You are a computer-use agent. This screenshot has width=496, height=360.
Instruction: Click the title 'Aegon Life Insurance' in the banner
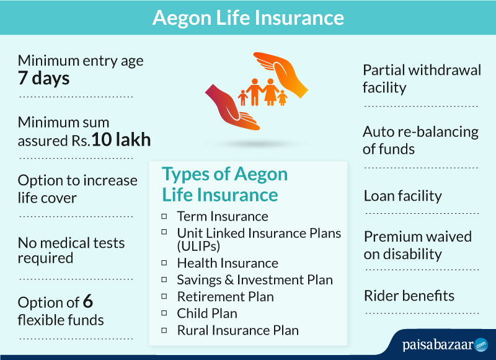pyautogui.click(x=248, y=18)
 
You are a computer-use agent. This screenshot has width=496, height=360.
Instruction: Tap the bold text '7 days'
pyautogui.click(x=43, y=77)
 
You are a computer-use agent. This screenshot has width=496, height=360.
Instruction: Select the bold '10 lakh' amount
pyautogui.click(x=121, y=139)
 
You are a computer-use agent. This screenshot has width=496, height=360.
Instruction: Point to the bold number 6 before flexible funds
pyautogui.click(x=88, y=301)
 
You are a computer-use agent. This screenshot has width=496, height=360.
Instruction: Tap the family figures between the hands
pyautogui.click(x=262, y=92)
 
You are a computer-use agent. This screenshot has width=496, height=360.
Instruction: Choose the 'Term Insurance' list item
pyautogui.click(x=223, y=216)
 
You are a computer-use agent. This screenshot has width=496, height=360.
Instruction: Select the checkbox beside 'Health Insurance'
pyautogui.click(x=164, y=263)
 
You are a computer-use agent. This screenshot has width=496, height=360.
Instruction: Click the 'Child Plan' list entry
pyautogui.click(x=207, y=314)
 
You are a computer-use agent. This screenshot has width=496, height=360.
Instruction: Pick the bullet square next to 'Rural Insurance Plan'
pyautogui.click(x=164, y=330)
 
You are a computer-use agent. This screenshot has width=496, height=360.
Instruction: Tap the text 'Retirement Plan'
pyautogui.click(x=225, y=297)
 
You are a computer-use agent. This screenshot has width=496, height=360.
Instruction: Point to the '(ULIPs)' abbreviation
pyautogui.click(x=198, y=246)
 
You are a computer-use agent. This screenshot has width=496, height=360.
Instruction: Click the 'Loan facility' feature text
pyautogui.click(x=402, y=196)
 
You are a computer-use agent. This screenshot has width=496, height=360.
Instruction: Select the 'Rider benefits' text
pyautogui.click(x=409, y=296)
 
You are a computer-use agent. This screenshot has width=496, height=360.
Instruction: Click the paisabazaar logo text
pyautogui.click(x=438, y=345)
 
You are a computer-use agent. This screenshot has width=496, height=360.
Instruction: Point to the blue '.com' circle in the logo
pyautogui.click(x=481, y=345)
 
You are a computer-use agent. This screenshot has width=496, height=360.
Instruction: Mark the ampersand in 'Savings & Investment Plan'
pyautogui.click(x=229, y=280)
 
